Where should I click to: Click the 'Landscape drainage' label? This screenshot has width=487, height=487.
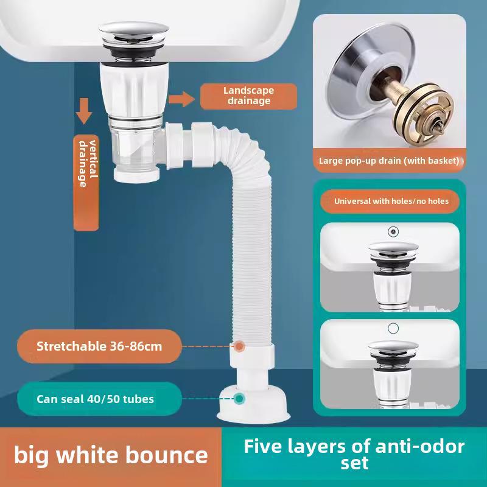(x=249, y=96)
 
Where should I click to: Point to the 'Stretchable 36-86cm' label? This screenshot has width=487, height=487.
(x=99, y=346)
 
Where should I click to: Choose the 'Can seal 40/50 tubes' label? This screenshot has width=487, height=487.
(x=95, y=399)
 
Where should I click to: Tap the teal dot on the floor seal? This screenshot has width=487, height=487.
(x=239, y=399)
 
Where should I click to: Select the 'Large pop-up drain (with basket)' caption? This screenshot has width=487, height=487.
(x=389, y=161)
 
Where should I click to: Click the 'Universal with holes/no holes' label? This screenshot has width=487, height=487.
(x=390, y=200)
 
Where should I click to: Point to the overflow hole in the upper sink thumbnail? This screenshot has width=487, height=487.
(x=393, y=232)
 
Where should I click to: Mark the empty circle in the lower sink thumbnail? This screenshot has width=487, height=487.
(x=393, y=328)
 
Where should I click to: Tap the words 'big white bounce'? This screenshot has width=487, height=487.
(x=111, y=455)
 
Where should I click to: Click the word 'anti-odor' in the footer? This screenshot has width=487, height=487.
(x=408, y=447)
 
